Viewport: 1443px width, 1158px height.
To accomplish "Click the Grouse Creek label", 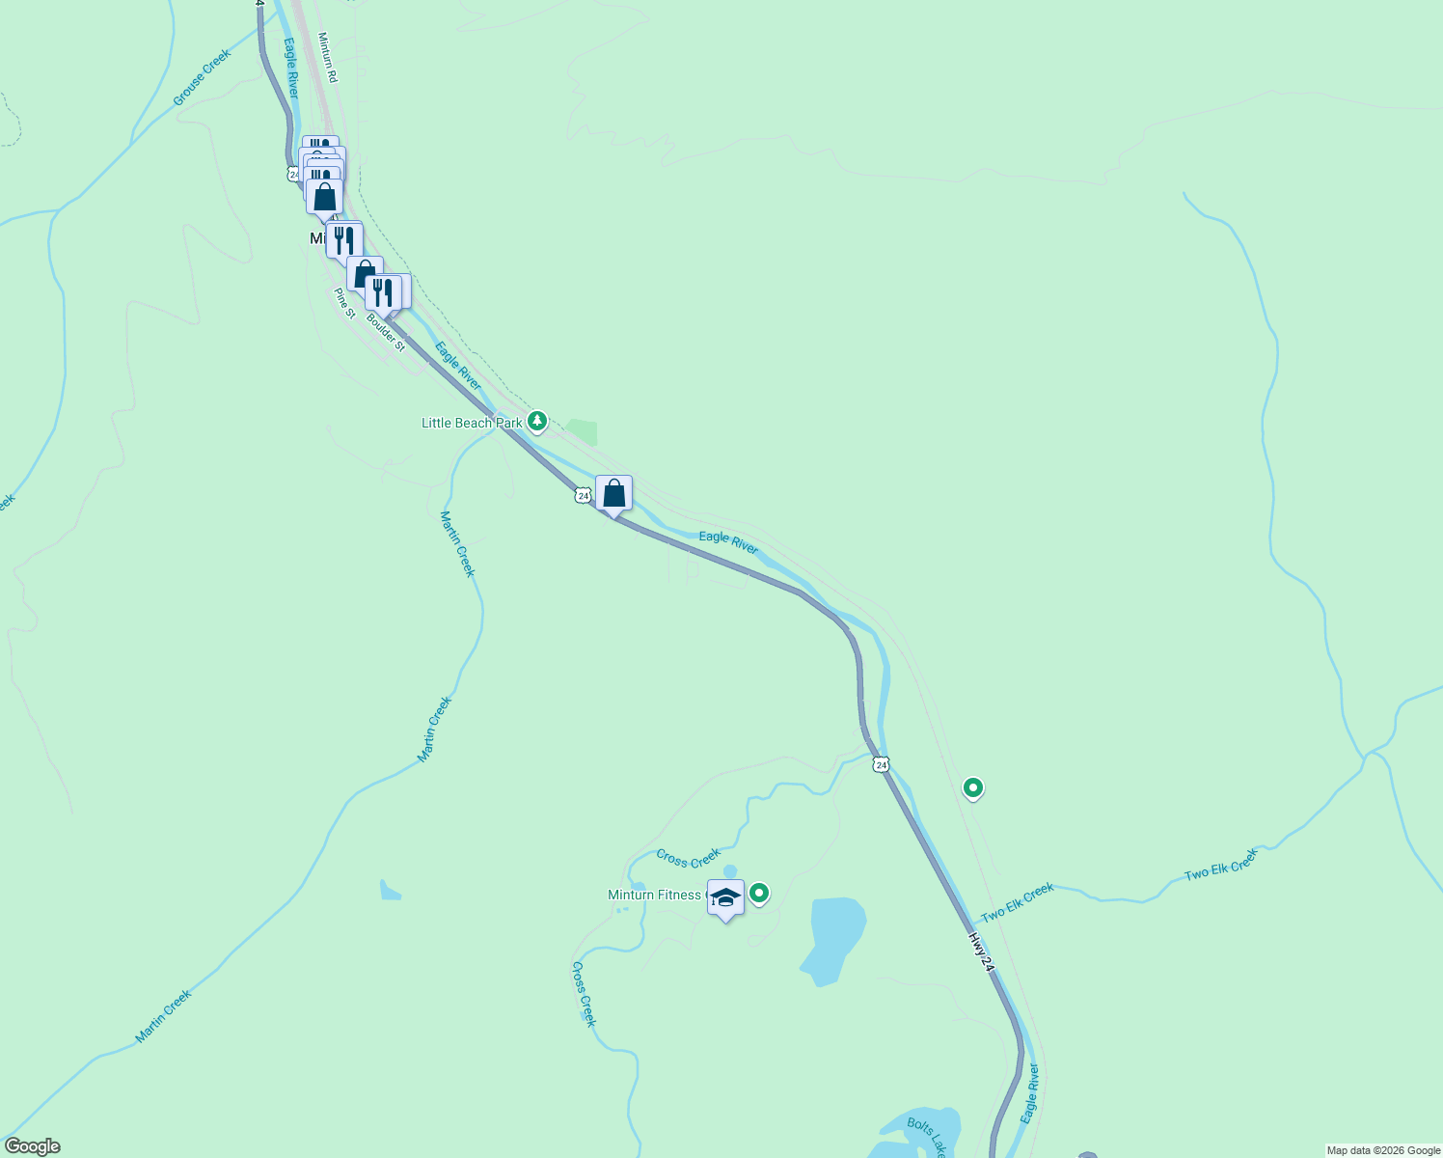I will pyautogui.click(x=203, y=77).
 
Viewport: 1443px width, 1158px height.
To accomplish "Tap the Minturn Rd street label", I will pyautogui.click(x=327, y=57).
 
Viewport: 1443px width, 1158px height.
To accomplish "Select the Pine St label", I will pyautogui.click(x=344, y=302).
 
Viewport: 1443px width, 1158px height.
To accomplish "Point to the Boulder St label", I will pyautogui.click(x=386, y=331).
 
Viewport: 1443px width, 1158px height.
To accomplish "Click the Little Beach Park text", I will pyautogui.click(x=472, y=423).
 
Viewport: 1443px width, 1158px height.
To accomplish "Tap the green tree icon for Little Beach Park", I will pyautogui.click(x=537, y=422).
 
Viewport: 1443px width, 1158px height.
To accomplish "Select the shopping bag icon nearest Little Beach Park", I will pyautogui.click(x=613, y=493).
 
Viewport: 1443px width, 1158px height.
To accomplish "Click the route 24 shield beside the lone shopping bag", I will pyautogui.click(x=582, y=495).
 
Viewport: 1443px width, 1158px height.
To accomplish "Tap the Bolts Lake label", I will pyautogui.click(x=927, y=1137).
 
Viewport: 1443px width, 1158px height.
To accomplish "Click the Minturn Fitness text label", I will pyautogui.click(x=654, y=895).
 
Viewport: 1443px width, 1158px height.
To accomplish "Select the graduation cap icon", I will pyautogui.click(x=725, y=897).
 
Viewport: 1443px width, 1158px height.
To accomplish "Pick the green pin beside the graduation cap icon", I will pyautogui.click(x=759, y=894).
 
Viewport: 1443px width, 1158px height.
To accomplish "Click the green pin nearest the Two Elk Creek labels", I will pyautogui.click(x=973, y=787).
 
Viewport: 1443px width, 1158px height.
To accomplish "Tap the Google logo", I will pyautogui.click(x=32, y=1146).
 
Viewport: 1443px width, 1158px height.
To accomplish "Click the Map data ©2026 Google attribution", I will pyautogui.click(x=1383, y=1150).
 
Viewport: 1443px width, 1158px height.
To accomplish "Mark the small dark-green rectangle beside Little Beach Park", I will pyautogui.click(x=582, y=432).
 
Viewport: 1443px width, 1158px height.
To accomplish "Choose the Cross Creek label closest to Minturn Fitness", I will pyautogui.click(x=688, y=858).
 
